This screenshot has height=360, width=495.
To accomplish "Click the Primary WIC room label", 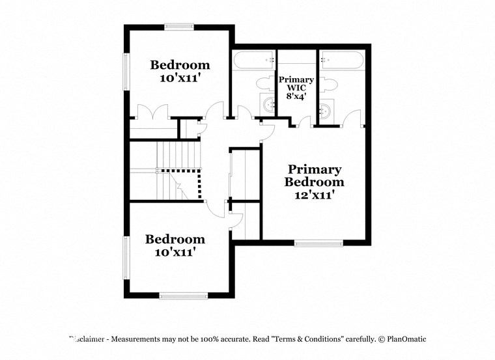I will point(296,87).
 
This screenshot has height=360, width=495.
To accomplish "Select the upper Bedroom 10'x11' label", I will point(180,71).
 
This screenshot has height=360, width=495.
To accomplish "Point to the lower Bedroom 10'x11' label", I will point(175,245).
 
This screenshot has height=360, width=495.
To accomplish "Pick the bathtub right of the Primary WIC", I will point(341,61).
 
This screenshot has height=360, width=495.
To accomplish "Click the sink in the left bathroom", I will point(268,104).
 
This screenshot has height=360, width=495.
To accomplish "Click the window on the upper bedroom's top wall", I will point(179,27).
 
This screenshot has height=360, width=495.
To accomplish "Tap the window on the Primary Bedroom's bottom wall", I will point(318,243).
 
